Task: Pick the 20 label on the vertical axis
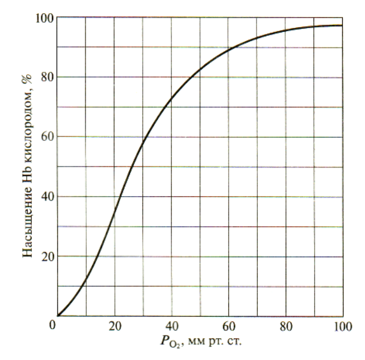coord(48,257)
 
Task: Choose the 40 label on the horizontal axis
coord(171,326)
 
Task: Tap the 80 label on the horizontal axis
coord(285,326)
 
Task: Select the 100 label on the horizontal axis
coord(340,326)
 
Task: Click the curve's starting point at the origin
coord(58,316)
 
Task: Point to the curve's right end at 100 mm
coord(342,26)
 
